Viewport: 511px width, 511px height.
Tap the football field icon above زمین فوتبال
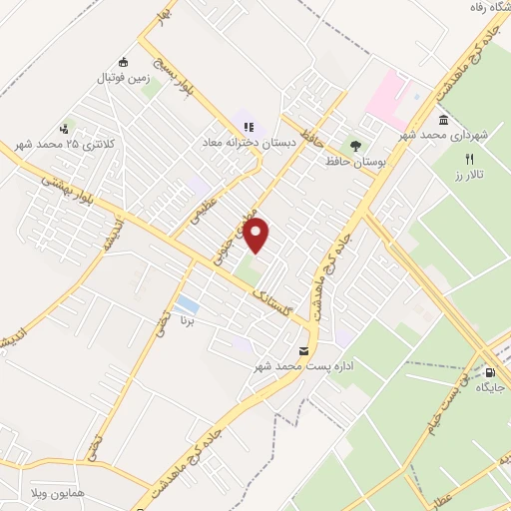123,62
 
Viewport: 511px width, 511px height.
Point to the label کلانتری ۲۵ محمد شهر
65,145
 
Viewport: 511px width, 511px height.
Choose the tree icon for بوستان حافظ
355,146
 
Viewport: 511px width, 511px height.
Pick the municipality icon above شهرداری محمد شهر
443,120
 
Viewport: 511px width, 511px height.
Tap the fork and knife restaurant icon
469,159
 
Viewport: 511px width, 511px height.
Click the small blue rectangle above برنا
186,303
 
